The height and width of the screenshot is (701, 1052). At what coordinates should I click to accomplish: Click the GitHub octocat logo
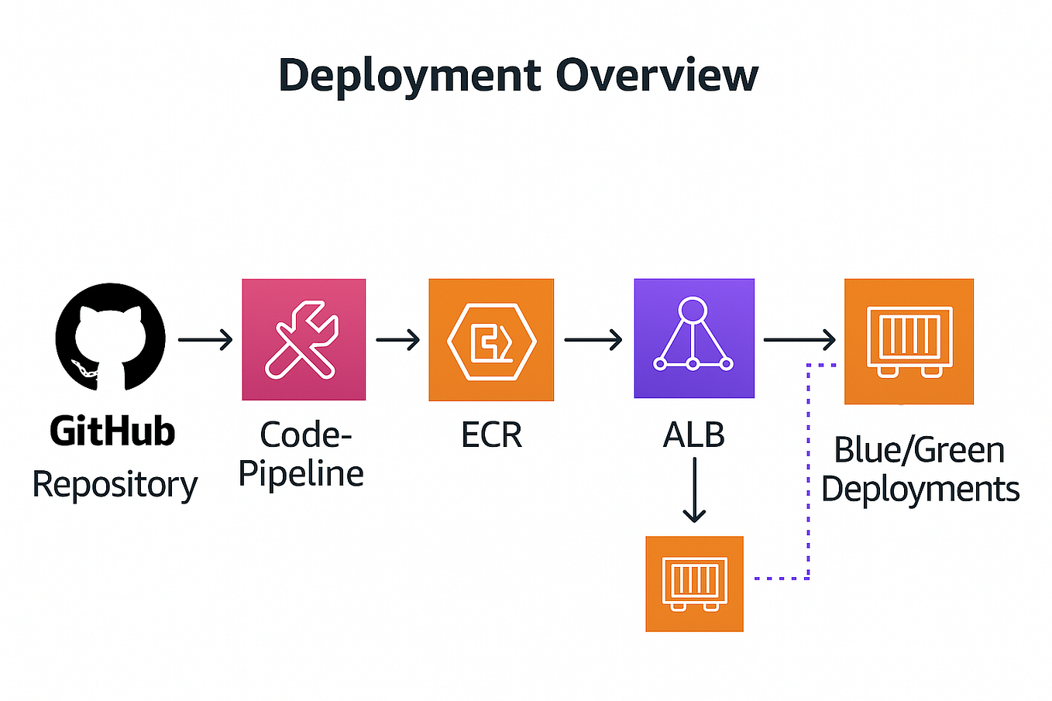click(x=111, y=338)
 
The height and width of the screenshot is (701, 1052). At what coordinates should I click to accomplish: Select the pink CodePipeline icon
click(x=304, y=339)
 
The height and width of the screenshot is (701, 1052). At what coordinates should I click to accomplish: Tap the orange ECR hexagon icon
click(x=491, y=339)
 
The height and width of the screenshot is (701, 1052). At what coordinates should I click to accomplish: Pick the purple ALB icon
click(x=694, y=338)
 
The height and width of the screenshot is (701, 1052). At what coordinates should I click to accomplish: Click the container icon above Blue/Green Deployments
click(x=909, y=341)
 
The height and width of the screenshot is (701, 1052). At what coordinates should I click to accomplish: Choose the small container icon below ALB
click(x=694, y=583)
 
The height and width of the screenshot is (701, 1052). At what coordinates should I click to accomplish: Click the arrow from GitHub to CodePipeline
click(x=205, y=339)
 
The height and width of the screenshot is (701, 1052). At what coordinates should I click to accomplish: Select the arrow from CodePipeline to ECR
click(x=397, y=339)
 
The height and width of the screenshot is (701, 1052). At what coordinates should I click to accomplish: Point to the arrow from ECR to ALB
click(x=593, y=339)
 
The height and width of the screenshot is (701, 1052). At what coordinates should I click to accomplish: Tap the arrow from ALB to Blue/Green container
click(x=799, y=339)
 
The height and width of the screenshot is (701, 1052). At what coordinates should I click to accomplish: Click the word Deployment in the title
click(x=409, y=75)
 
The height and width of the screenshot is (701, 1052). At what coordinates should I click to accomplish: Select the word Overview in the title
click(x=657, y=75)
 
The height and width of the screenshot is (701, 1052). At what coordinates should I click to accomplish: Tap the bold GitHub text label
click(x=112, y=431)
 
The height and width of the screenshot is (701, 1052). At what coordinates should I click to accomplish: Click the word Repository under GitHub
click(x=115, y=486)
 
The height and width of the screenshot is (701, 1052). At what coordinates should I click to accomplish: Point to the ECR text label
click(x=491, y=435)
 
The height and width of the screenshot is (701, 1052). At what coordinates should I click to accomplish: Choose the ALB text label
click(x=694, y=435)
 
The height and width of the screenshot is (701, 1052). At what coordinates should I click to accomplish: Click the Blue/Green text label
click(x=919, y=450)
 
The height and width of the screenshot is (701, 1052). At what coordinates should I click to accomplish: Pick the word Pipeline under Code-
click(x=301, y=473)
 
